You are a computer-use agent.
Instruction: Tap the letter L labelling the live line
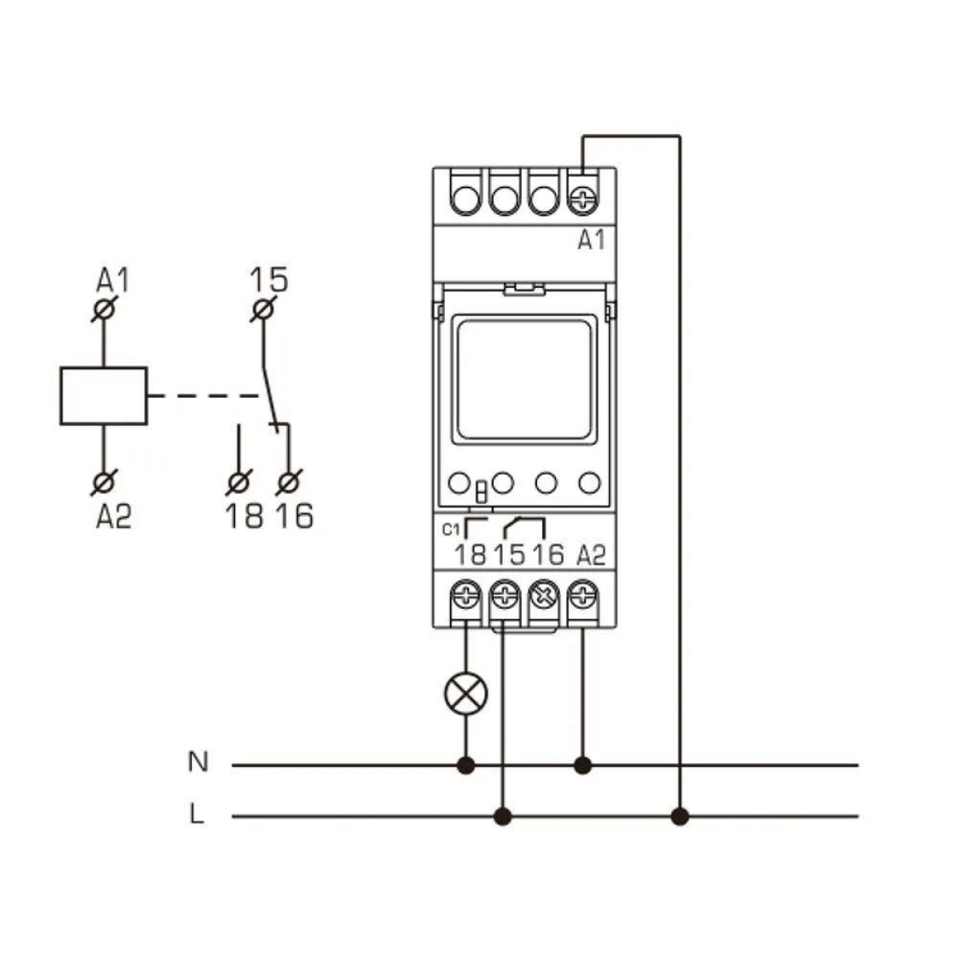[197, 815]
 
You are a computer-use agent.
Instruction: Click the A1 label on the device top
[591, 239]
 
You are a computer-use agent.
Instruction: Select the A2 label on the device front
[591, 554]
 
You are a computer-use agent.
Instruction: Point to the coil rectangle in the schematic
[103, 396]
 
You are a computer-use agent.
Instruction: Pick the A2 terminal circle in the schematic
[104, 482]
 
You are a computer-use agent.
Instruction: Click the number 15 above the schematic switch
[269, 281]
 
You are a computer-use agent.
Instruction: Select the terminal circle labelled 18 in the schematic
[238, 483]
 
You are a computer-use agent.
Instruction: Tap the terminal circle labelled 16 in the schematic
[288, 483]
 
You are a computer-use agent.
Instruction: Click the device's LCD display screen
[524, 378]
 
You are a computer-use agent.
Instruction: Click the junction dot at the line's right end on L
[679, 816]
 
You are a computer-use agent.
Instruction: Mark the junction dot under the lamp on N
[465, 766]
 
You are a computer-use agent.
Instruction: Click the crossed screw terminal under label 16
[544, 595]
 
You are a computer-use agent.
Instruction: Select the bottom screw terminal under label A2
[583, 595]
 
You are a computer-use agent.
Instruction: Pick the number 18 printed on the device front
[470, 554]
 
